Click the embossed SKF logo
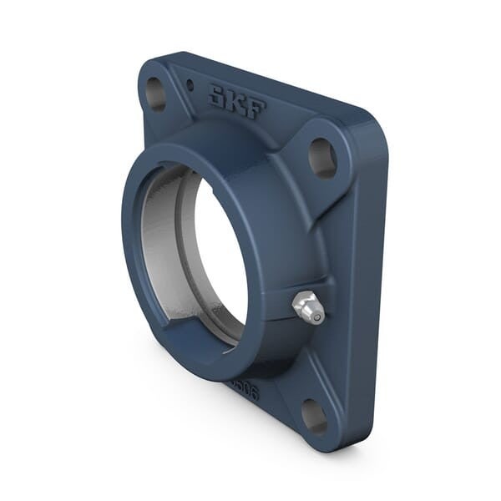click(x=237, y=102)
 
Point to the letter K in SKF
click(x=237, y=102)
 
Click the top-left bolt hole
click(x=155, y=93)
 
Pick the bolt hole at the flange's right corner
click(x=321, y=157)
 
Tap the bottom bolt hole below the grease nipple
click(x=314, y=416)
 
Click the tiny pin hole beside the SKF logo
click(x=190, y=84)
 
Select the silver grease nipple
click(x=308, y=307)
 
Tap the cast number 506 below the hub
click(x=245, y=389)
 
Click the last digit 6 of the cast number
click(x=253, y=392)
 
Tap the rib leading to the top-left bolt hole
click(x=180, y=117)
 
